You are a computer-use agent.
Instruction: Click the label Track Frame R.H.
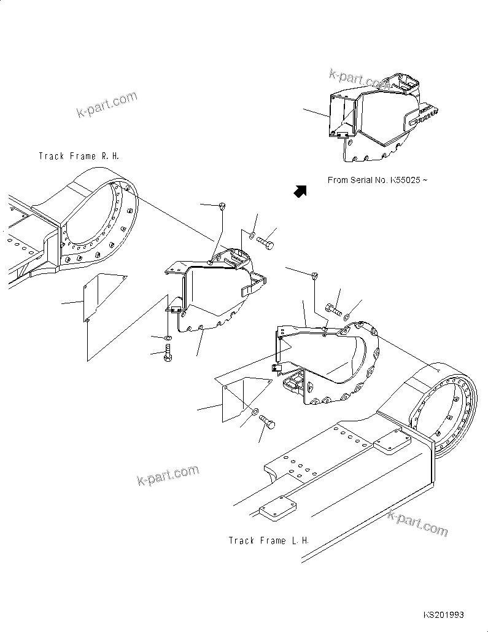pyautogui.click(x=79, y=157)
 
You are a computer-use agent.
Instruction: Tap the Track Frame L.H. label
pyautogui.click(x=268, y=540)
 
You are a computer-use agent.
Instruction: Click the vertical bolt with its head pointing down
pyautogui.click(x=168, y=354)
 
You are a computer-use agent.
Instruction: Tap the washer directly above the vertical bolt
pyautogui.click(x=168, y=337)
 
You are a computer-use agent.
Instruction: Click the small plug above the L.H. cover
pyautogui.click(x=316, y=275)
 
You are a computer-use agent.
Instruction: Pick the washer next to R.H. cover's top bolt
pyautogui.click(x=253, y=234)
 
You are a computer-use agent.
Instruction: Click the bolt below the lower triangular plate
pyautogui.click(x=268, y=424)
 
